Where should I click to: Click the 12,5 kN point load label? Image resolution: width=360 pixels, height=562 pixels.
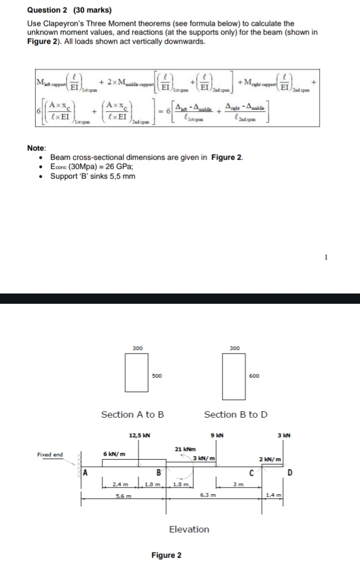(140, 435)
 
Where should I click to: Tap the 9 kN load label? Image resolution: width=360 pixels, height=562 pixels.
(217, 435)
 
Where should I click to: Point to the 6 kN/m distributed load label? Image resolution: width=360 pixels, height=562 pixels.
(114, 454)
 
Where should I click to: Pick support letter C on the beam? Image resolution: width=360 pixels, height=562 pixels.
(251, 473)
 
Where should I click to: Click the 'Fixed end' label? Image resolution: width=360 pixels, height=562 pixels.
(50, 455)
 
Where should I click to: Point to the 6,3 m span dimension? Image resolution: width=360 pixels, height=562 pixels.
(207, 495)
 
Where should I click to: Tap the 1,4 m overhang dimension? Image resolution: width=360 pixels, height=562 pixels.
(273, 495)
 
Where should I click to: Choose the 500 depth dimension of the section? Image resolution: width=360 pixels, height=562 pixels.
(156, 375)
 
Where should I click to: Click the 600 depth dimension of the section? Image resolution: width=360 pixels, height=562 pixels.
(254, 375)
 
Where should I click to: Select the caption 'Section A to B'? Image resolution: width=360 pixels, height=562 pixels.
(133, 414)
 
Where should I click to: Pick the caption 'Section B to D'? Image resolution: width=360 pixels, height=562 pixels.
(236, 414)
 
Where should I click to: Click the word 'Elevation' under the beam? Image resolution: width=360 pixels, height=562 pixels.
(189, 529)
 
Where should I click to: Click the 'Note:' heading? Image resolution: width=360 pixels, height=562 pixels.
(37, 148)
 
